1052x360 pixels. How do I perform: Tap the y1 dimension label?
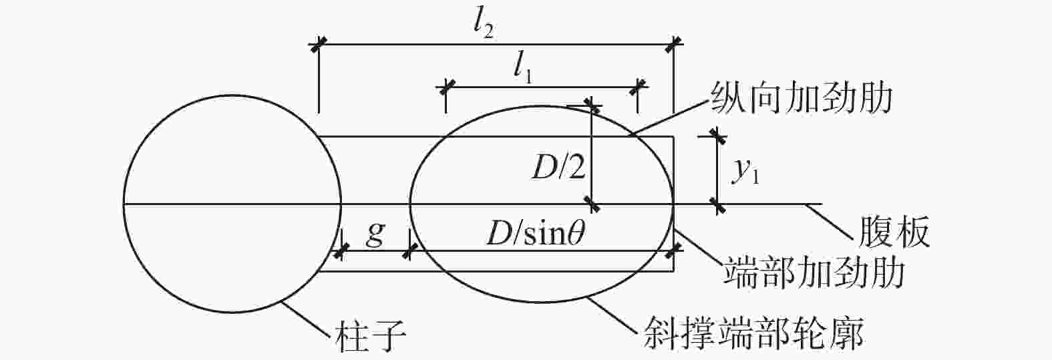click(x=746, y=172)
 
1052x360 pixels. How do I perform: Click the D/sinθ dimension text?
click(x=536, y=233)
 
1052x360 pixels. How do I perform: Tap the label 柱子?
click(x=371, y=337)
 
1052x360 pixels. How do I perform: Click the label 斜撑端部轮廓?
click(x=754, y=334)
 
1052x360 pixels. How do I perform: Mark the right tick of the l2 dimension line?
click(x=674, y=45)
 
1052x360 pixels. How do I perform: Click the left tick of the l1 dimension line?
click(x=446, y=87)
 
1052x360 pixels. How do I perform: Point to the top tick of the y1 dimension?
click(x=717, y=136)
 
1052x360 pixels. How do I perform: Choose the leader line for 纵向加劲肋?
click(x=670, y=117)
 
